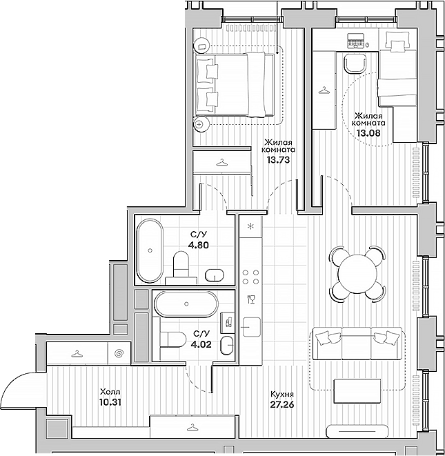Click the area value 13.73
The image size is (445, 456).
click(278, 159)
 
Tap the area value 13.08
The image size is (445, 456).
click(368, 132)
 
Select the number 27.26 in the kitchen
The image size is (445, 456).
click(281, 404)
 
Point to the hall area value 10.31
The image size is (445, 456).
click(110, 402)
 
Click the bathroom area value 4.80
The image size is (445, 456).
click(199, 245)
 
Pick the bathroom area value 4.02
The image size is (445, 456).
click(201, 344)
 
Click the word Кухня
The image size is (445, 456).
click(281, 395)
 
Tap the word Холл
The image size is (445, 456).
click(110, 391)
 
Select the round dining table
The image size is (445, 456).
click(357, 274)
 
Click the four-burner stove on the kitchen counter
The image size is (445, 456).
click(250, 277)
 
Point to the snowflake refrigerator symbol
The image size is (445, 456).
click(250, 226)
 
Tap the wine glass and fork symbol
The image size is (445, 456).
click(250, 299)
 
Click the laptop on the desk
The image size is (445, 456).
click(356, 41)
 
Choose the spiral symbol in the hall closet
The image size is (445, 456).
click(119, 353)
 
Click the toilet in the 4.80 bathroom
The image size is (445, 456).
click(181, 265)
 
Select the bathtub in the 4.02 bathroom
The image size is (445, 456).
click(186, 304)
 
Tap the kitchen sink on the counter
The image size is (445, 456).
click(252, 327)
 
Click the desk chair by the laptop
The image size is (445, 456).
click(354, 63)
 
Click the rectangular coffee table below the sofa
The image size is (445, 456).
click(357, 391)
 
